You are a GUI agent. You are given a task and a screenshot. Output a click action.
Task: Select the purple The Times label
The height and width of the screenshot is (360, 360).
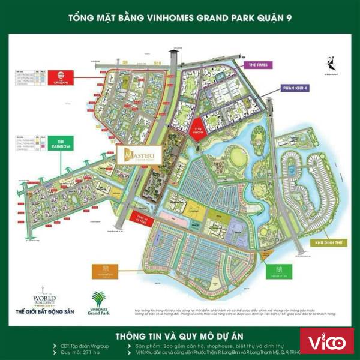tap(257, 65)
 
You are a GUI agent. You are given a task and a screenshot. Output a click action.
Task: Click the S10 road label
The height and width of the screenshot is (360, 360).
tap(159, 62)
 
